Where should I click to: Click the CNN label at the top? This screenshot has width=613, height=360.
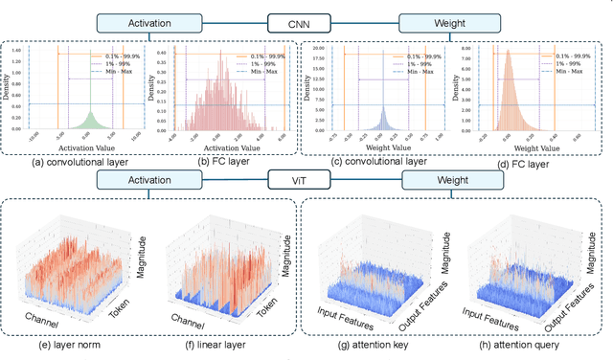pos(306,22)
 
